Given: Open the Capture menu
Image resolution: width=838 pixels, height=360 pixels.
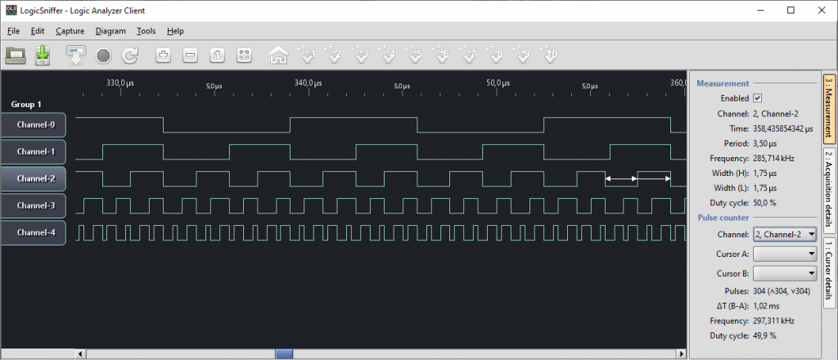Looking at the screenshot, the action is pyautogui.click(x=70, y=31).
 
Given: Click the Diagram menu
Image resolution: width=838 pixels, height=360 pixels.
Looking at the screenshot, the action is pyautogui.click(x=110, y=31).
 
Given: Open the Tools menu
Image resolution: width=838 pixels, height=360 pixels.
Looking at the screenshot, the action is pyautogui.click(x=146, y=31).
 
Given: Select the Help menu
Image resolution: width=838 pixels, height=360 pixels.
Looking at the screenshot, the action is pyautogui.click(x=175, y=31).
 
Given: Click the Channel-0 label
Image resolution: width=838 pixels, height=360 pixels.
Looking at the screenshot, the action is pyautogui.click(x=35, y=125).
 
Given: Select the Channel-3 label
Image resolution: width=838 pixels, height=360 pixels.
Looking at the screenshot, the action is pyautogui.click(x=35, y=205).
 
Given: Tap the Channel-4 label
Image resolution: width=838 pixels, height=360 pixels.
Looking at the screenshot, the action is pyautogui.click(x=35, y=233).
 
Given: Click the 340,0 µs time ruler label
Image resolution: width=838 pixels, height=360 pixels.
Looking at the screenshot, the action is pyautogui.click(x=309, y=83).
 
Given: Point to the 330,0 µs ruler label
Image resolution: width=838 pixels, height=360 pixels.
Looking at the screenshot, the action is pyautogui.click(x=119, y=83).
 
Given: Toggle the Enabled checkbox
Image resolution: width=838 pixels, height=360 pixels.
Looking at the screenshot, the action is pyautogui.click(x=757, y=98).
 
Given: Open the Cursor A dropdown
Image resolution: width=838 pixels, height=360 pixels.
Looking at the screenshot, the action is pyautogui.click(x=785, y=254).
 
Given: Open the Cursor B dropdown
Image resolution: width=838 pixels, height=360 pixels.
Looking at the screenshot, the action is pyautogui.click(x=785, y=273).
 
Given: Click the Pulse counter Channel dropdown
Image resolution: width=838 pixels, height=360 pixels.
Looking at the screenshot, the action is pyautogui.click(x=785, y=234).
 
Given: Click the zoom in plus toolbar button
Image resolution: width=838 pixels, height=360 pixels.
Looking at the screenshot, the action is pyautogui.click(x=163, y=55).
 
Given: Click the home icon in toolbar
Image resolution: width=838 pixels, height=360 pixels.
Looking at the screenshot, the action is pyautogui.click(x=278, y=55).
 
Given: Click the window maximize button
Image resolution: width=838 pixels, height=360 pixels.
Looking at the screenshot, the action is pyautogui.click(x=791, y=10).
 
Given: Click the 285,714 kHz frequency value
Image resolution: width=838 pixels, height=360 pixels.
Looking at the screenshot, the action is pyautogui.click(x=773, y=158).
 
